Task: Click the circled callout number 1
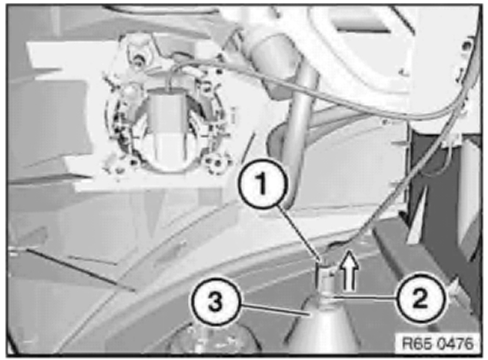coord(261,184)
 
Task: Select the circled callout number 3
coord(215,301)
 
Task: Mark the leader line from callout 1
coord(302,232)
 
